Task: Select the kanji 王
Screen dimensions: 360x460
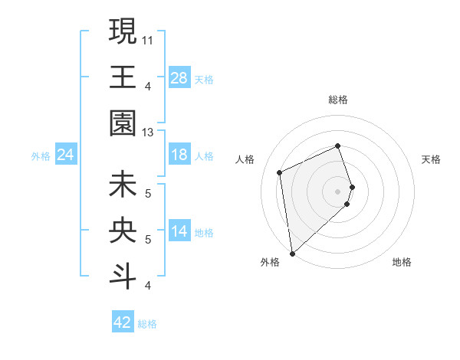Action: [x=123, y=77]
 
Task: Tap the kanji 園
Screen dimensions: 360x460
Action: [x=123, y=123]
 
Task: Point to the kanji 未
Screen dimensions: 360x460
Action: [x=123, y=185]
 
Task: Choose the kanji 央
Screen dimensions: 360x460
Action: [x=123, y=231]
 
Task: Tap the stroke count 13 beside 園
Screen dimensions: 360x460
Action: [x=148, y=132]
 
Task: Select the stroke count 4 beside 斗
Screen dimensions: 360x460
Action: [x=148, y=286]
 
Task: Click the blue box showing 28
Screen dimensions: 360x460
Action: [x=179, y=79]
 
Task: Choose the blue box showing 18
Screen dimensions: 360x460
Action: [x=179, y=155]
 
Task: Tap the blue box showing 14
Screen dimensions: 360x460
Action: [x=179, y=232]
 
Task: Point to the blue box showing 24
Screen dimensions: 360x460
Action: [x=65, y=155]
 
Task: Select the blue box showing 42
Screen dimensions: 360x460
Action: [x=123, y=322]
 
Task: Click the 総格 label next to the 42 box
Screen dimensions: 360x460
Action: [x=147, y=324]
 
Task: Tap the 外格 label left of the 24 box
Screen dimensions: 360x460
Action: [x=41, y=156]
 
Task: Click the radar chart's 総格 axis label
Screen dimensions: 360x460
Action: [x=338, y=100]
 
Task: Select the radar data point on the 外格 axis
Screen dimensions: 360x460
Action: [x=292, y=253]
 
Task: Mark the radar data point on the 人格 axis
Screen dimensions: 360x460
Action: [x=280, y=172]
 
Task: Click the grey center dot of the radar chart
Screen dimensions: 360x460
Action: [x=338, y=191]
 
